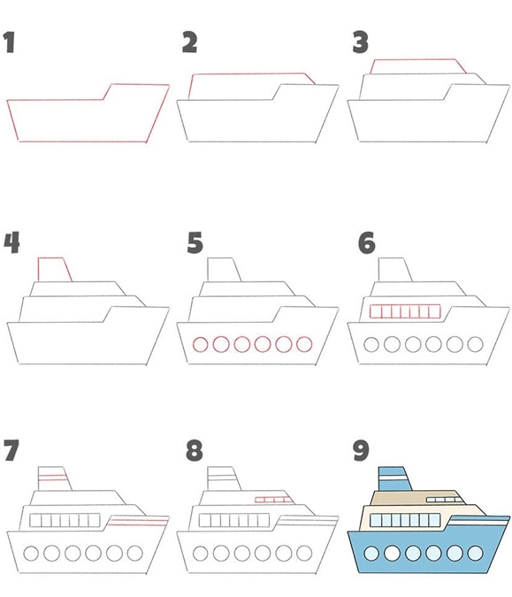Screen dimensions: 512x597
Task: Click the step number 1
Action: [9, 42]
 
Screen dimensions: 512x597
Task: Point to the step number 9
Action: [361, 450]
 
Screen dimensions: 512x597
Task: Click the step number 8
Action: [195, 450]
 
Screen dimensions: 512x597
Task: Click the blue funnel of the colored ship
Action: [394, 478]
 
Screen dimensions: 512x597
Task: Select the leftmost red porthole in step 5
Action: [200, 344]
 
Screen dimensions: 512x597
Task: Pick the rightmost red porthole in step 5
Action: [304, 344]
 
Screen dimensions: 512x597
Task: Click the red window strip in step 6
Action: [405, 311]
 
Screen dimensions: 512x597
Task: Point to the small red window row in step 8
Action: [273, 500]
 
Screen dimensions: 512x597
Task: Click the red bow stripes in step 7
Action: [138, 523]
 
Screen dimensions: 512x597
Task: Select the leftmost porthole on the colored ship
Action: [371, 553]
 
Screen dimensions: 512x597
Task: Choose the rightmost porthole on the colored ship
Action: [475, 553]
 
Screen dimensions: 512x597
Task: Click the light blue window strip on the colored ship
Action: [405, 520]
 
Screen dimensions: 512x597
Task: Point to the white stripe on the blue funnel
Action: [394, 478]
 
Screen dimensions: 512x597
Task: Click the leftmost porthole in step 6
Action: [371, 344]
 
